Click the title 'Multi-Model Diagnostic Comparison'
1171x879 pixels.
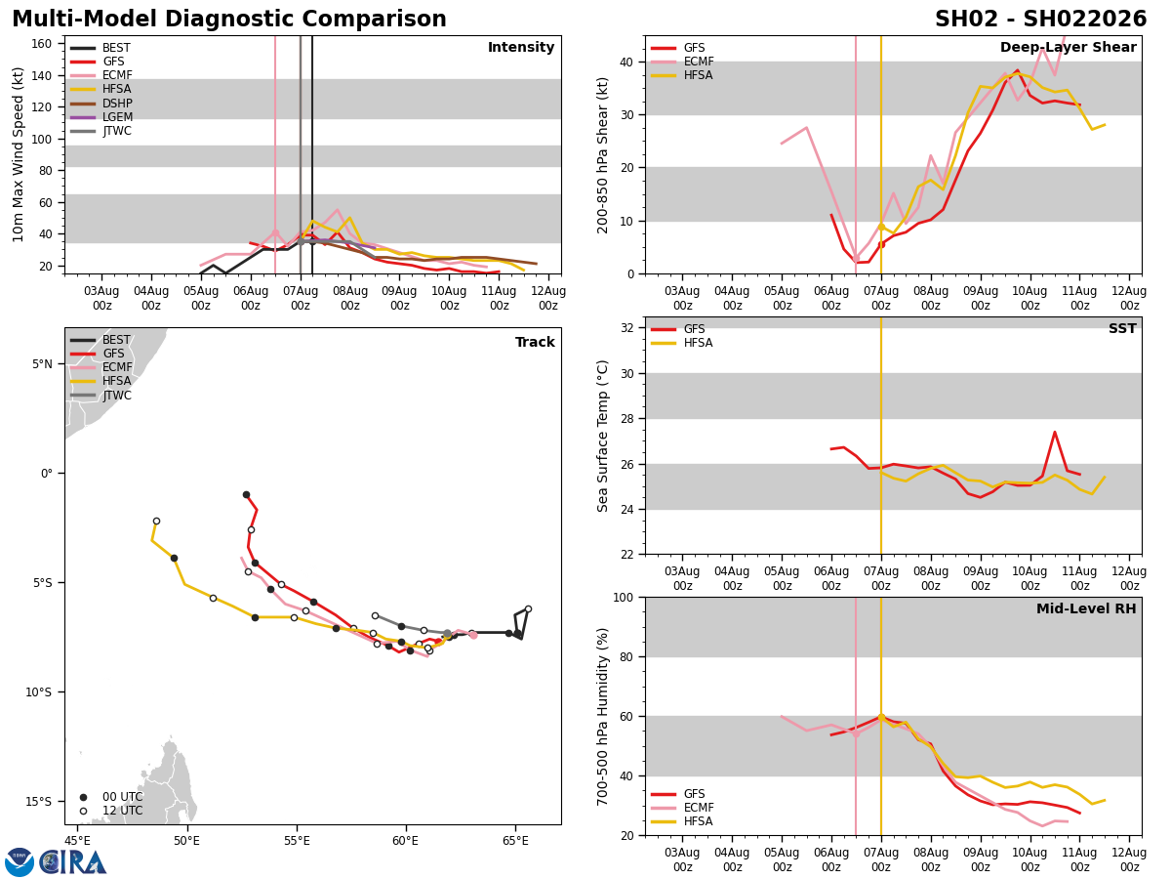(229, 20)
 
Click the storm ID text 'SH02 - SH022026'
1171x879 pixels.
(1040, 20)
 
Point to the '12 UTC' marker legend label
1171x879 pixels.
(122, 811)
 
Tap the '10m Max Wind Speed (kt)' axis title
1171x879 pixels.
(19, 154)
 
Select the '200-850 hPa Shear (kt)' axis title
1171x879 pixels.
(603, 154)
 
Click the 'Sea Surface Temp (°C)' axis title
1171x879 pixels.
(603, 436)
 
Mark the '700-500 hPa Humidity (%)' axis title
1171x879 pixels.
(603, 716)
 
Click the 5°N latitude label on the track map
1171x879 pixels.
(43, 364)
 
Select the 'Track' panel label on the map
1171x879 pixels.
(535, 343)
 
